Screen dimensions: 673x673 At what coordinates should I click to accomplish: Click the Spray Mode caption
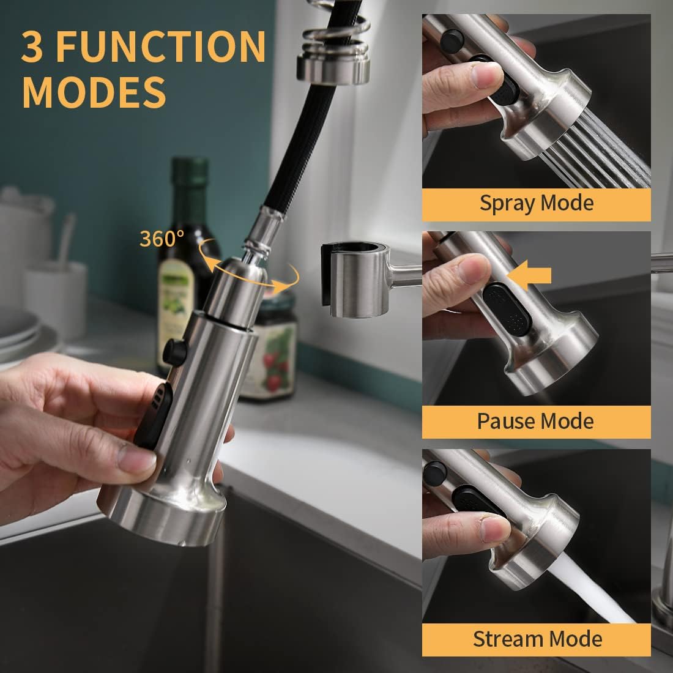pyautogui.click(x=536, y=203)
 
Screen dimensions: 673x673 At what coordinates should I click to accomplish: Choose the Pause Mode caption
pyautogui.click(x=536, y=421)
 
